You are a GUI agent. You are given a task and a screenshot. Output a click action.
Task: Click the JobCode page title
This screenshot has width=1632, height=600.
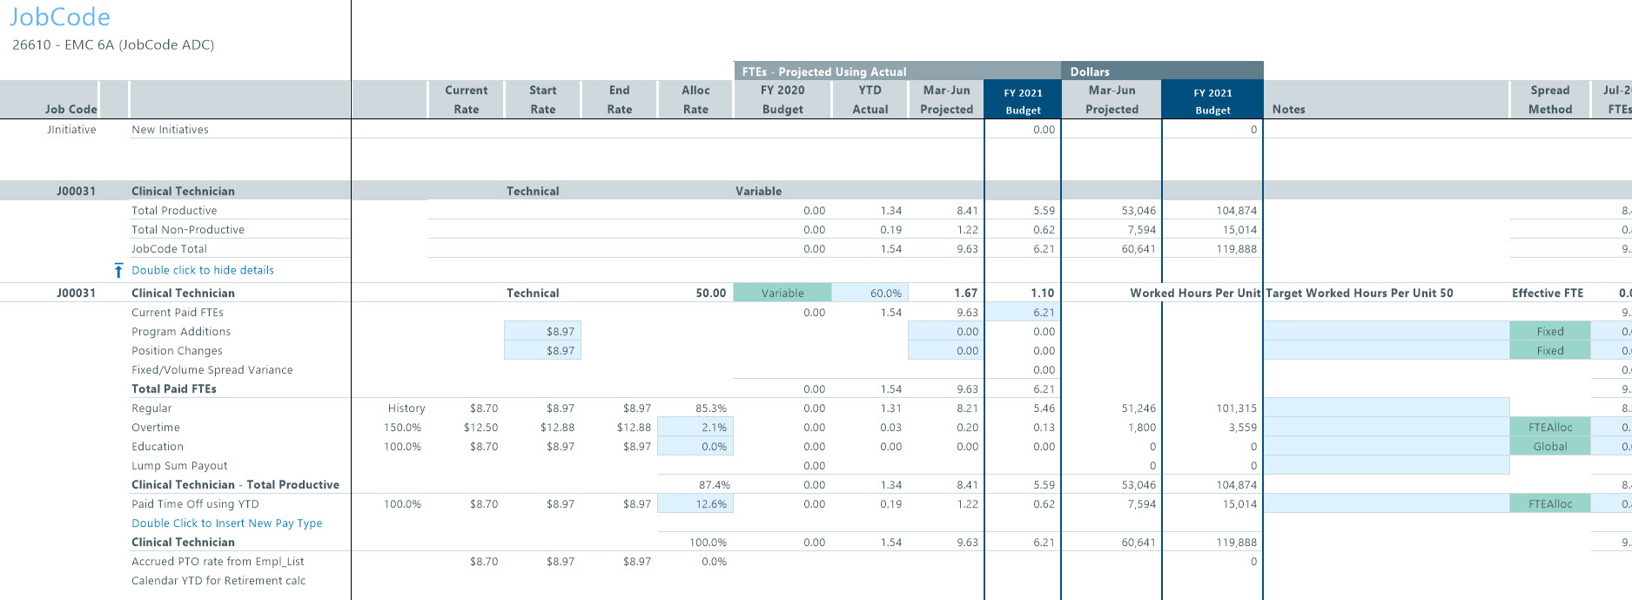59,17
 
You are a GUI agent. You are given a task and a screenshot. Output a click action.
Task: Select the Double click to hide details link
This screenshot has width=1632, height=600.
202,271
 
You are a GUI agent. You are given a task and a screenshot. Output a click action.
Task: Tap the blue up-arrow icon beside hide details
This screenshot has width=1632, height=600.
119,271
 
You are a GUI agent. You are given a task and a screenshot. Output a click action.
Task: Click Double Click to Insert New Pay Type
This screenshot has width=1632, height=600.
226,523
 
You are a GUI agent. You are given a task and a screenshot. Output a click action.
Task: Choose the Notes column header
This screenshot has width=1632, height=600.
1288,110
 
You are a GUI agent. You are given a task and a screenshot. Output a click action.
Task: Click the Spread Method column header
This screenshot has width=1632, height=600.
1549,99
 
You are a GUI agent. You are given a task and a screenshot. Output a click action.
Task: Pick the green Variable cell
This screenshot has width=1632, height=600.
782,293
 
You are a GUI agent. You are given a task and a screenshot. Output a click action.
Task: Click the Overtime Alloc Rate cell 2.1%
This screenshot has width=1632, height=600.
695,428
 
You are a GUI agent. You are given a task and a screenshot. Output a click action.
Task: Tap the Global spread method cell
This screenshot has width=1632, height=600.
1549,447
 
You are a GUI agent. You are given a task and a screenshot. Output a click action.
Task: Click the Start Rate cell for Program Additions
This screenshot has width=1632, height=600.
542,332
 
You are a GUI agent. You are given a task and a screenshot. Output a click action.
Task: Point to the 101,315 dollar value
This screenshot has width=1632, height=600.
1236,408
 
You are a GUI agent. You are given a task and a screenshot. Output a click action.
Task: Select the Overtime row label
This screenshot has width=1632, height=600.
156,428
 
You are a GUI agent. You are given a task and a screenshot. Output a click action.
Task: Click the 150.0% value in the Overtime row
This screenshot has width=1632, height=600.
402,428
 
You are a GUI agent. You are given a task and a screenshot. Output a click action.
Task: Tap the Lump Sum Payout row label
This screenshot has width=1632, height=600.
179,466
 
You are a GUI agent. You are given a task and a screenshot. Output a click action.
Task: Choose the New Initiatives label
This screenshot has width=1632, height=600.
170,130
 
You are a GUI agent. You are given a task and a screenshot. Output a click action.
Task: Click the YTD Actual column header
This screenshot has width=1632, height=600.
870,99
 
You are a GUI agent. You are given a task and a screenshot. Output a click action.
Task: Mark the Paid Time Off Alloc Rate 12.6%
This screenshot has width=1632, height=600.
695,504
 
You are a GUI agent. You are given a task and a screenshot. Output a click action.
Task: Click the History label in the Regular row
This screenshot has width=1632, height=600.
406,408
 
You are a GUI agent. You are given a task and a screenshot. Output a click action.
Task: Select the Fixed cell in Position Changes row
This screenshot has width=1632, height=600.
1549,351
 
